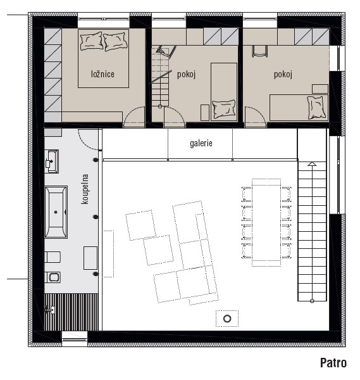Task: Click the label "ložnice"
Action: pos(102,74)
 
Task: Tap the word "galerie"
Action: pos(201,143)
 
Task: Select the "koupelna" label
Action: pos(85,189)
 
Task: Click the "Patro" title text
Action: pos(333,362)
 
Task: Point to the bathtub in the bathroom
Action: pos(56,212)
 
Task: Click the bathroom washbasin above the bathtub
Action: pos(52,161)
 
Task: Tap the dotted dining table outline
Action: pos(266,222)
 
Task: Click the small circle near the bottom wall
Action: pos(227,319)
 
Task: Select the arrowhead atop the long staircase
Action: pos(312,164)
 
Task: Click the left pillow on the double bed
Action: pos(91,42)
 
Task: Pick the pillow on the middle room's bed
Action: pos(223,109)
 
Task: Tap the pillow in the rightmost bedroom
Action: pos(316,108)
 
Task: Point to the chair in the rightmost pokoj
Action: pos(260,51)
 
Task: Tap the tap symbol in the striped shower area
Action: pos(49,310)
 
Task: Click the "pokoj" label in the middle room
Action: pos(186,74)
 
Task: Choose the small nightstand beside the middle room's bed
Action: pos(205,113)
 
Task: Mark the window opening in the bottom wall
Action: pos(74,336)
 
